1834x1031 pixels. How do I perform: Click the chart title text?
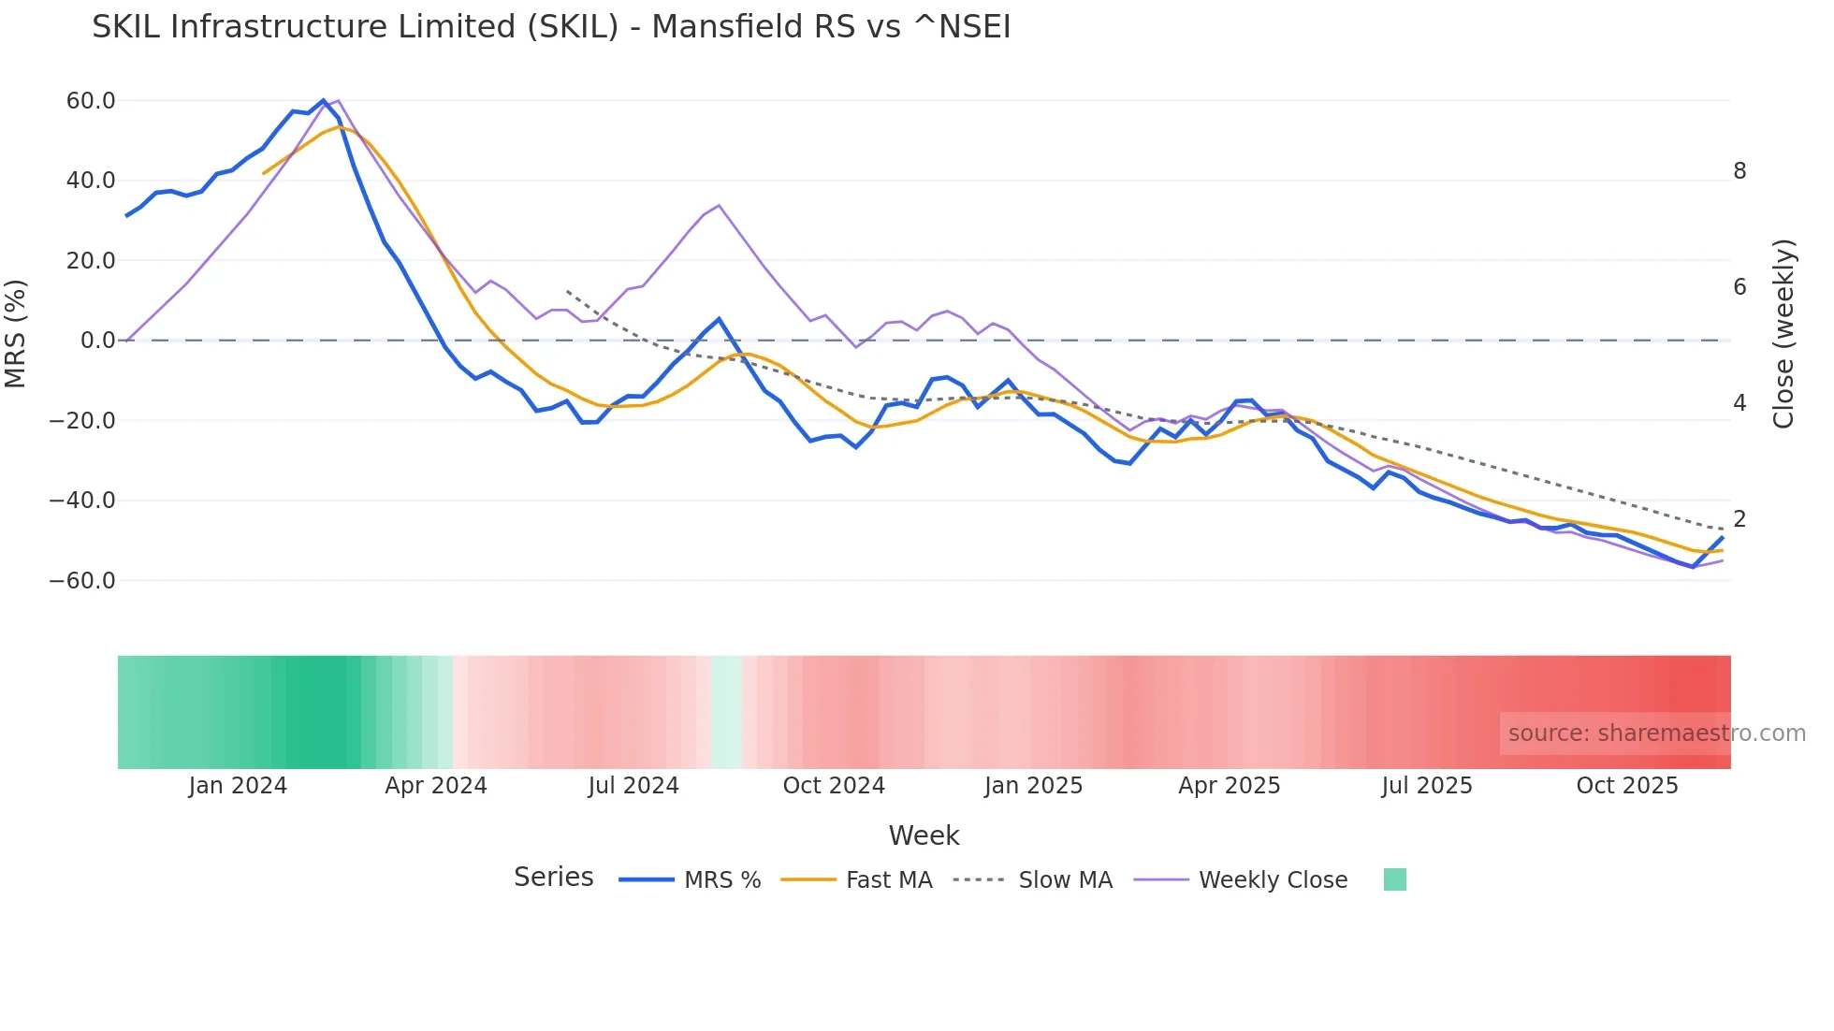(551, 27)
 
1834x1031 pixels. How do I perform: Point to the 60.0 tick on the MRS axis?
(91, 101)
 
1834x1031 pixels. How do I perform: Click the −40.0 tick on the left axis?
(82, 501)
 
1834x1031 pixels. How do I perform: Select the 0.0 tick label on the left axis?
(97, 341)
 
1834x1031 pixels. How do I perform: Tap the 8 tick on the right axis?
(1739, 171)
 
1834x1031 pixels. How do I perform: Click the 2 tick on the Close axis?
(1739, 518)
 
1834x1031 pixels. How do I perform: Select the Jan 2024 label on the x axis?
(238, 786)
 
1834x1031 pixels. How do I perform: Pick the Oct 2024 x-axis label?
(834, 786)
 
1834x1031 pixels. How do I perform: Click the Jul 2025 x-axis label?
(1427, 786)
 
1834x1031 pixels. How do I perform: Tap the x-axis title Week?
(924, 835)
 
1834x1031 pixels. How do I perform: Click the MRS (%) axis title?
(16, 334)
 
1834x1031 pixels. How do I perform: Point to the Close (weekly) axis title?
(1783, 334)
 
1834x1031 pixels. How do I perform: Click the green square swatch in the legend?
(1394, 879)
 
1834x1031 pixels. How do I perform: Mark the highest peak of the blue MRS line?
(324, 101)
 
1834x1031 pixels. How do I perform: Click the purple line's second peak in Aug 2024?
(719, 205)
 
